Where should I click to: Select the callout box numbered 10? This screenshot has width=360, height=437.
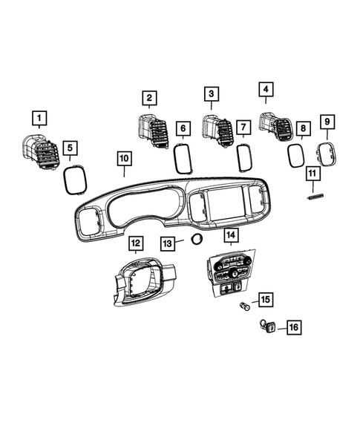pos(123,159)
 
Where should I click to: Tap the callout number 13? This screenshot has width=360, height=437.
pos(168,243)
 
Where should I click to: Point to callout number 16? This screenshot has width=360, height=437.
pos(272,326)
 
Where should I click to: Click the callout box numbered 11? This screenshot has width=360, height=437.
pos(312,174)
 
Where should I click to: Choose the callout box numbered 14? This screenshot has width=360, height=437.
pos(231,236)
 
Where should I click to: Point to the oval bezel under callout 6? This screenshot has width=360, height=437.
pos(182,158)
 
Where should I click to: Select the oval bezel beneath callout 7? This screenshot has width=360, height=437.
pos(243,157)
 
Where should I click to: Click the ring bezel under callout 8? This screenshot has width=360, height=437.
pos(296,157)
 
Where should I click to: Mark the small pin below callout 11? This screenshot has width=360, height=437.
pos(313,197)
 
